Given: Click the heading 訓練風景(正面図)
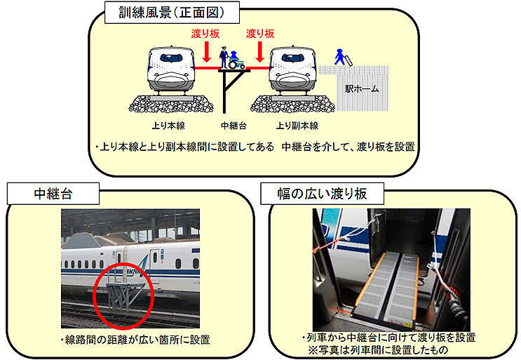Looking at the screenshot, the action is click(x=172, y=13).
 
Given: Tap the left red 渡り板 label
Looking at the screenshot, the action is click(x=205, y=34).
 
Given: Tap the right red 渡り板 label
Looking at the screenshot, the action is click(x=260, y=34).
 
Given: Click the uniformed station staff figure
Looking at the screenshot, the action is click(x=224, y=57).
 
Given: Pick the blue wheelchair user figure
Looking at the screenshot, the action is click(x=236, y=60).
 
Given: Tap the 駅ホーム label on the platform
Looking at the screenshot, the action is click(x=362, y=89).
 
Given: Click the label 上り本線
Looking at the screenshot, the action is click(x=168, y=126).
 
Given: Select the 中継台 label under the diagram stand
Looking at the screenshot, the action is click(x=234, y=126).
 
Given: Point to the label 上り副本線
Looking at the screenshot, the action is click(x=297, y=126).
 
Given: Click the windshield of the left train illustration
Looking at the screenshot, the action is click(x=171, y=58).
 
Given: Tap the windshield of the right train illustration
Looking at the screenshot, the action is click(x=292, y=58).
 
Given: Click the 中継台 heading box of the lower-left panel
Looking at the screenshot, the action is click(x=53, y=194).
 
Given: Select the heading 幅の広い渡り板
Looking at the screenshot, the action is click(x=322, y=194).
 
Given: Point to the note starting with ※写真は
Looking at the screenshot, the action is click(x=378, y=350).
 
